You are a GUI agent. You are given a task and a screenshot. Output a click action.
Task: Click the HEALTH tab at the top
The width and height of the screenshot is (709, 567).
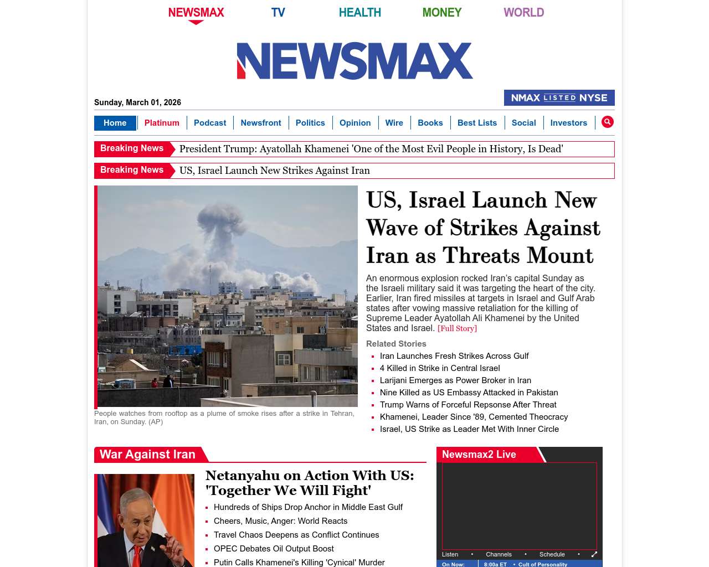click(359, 12)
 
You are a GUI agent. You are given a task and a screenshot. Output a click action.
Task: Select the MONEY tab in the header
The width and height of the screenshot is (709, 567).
click(441, 12)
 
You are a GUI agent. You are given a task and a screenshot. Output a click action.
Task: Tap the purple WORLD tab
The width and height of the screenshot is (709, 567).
click(523, 12)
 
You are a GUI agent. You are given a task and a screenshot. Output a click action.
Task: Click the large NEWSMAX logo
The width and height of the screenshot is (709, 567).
click(354, 61)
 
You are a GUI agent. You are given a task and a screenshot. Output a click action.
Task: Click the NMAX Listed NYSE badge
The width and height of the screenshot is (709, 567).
click(559, 98)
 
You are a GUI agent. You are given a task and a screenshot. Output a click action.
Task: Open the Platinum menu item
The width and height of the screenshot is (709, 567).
click(162, 123)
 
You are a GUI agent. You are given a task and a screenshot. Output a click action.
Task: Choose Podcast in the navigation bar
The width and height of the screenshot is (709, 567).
click(210, 123)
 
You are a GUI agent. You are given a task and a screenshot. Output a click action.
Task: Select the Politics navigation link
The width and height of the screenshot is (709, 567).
click(310, 123)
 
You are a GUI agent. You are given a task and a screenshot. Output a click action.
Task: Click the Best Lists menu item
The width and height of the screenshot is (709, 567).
click(477, 123)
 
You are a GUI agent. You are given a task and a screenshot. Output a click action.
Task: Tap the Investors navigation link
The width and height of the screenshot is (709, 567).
click(568, 123)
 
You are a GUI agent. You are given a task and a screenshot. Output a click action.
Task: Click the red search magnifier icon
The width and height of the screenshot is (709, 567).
click(608, 122)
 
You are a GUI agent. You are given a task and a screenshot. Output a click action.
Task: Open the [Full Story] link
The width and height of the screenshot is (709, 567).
click(457, 328)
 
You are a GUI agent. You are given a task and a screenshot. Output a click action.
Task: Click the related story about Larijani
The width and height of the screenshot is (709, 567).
click(455, 380)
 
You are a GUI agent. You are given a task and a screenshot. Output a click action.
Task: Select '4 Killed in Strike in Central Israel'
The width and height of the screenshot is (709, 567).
click(440, 368)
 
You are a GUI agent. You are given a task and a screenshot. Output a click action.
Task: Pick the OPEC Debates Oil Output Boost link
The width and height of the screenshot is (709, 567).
click(274, 549)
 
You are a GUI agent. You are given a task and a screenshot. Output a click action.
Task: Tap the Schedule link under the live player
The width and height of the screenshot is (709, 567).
click(552, 554)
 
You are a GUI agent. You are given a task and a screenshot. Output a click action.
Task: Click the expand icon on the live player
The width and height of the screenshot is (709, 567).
click(594, 554)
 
